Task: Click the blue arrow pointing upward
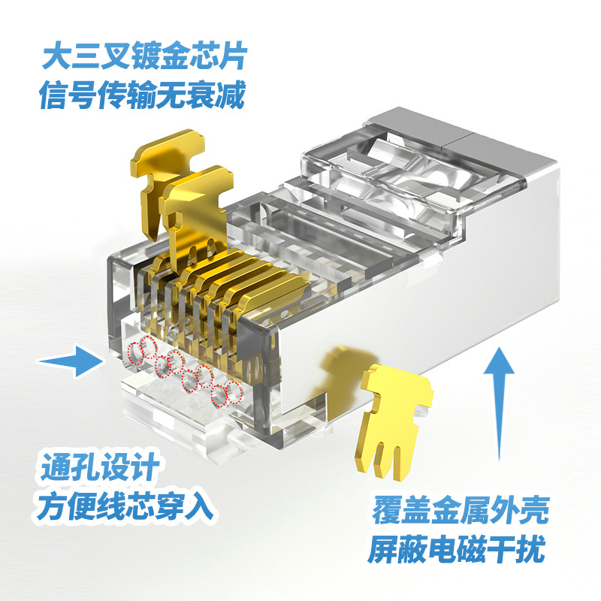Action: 499,403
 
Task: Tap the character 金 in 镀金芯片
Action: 174,56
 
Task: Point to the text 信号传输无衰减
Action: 142,95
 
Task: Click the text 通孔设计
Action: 100,466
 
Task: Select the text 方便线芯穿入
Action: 125,506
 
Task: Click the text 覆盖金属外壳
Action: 461,509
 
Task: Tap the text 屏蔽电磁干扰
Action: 456,549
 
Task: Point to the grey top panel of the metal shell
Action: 460,136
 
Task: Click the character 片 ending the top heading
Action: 233,56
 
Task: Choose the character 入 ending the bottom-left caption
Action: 199,506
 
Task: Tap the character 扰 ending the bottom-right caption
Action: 530,549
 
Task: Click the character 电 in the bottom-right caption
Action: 442,549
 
